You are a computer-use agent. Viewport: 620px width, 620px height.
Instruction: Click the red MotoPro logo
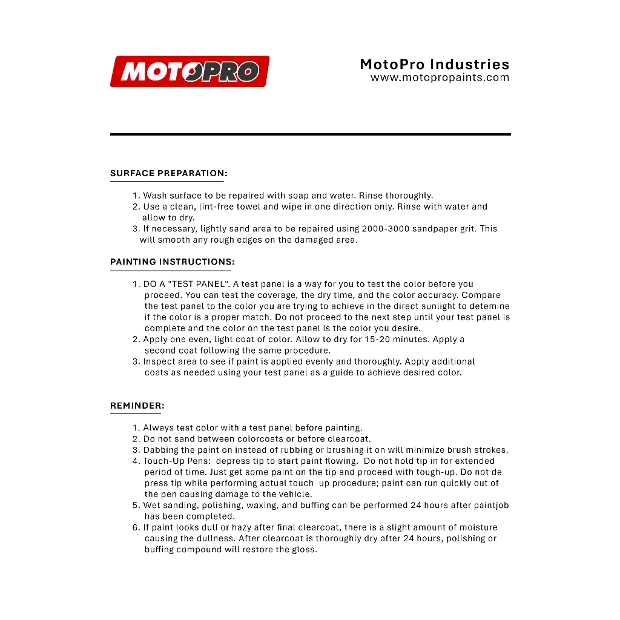pos(190,71)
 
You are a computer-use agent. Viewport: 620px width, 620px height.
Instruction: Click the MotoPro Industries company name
pos(434,64)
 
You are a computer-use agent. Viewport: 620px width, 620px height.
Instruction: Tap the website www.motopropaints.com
pos(440,78)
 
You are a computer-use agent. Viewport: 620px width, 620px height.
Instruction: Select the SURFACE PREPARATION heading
pos(168,173)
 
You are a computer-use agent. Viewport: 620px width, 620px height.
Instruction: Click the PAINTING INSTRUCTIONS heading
pos(172,262)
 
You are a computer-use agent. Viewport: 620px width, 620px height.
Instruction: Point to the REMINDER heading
pos(137,406)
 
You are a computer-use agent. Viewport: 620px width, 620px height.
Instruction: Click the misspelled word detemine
pos(489,306)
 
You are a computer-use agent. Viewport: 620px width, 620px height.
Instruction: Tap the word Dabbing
pos(160,450)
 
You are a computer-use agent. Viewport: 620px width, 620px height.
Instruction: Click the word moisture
pos(477,527)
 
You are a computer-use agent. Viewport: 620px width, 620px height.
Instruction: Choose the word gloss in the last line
pos(305,550)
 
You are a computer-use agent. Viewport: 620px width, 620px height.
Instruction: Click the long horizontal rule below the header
pos(310,134)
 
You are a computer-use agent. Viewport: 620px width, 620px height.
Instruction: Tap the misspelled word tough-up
pos(436,472)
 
